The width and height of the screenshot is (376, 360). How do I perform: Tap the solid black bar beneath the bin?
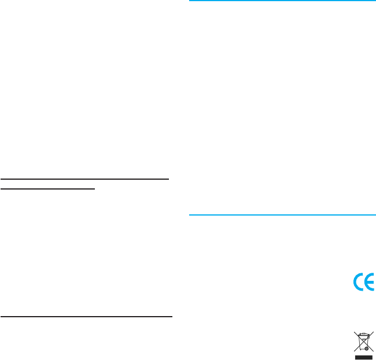click(x=363, y=357)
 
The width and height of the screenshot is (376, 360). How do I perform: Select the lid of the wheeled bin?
click(x=363, y=335)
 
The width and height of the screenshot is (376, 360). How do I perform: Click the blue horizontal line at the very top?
click(x=283, y=1)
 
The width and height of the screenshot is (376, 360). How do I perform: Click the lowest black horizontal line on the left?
click(x=86, y=317)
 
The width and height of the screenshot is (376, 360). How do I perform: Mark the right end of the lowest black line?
click(x=172, y=317)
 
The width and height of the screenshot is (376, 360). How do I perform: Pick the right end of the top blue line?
click(x=375, y=1)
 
